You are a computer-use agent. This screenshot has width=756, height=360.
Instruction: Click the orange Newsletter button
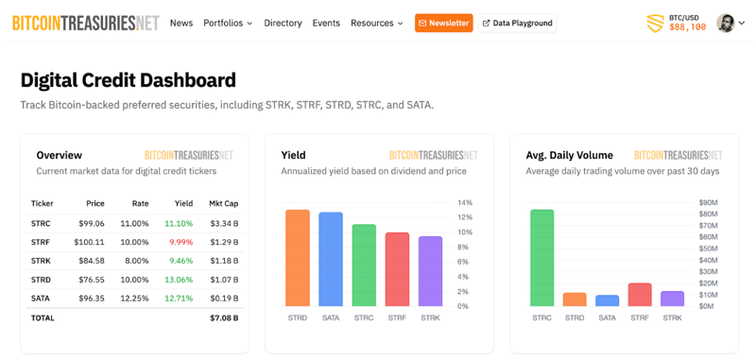443,23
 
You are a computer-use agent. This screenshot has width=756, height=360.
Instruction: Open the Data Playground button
517,23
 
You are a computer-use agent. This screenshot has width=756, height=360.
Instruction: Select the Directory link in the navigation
283,23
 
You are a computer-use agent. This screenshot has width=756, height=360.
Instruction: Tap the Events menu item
326,23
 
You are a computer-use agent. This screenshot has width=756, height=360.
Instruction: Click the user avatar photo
726,23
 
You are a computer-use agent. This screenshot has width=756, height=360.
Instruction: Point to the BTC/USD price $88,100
687,27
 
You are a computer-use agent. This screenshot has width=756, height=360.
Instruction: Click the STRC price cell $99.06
92,223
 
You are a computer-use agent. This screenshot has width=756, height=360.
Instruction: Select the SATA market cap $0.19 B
223,299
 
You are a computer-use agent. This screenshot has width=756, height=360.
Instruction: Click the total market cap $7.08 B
223,318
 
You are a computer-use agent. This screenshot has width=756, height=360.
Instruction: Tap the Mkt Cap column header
223,203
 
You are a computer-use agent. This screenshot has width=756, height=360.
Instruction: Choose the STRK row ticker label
42,261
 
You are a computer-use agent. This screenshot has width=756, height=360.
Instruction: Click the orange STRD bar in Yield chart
298,257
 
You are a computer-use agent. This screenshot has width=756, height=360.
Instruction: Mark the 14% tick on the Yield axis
465,203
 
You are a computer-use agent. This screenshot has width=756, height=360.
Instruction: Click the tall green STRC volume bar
541,257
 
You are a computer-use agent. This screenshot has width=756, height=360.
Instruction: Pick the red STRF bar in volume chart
640,294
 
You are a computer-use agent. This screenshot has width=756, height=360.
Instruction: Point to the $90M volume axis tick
708,203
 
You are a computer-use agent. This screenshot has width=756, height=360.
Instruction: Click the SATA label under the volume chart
607,318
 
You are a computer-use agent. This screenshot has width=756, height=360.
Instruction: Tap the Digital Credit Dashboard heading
128,80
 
